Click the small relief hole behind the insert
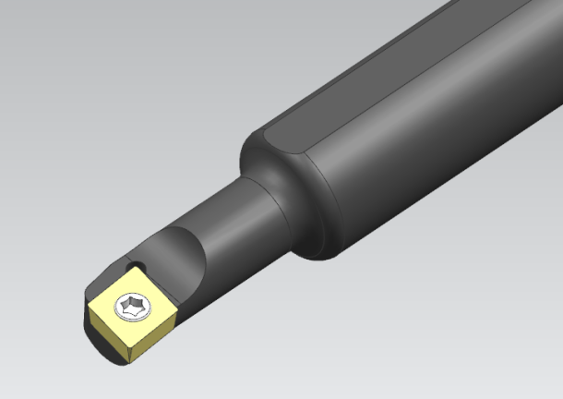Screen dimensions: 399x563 coord(138,266)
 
